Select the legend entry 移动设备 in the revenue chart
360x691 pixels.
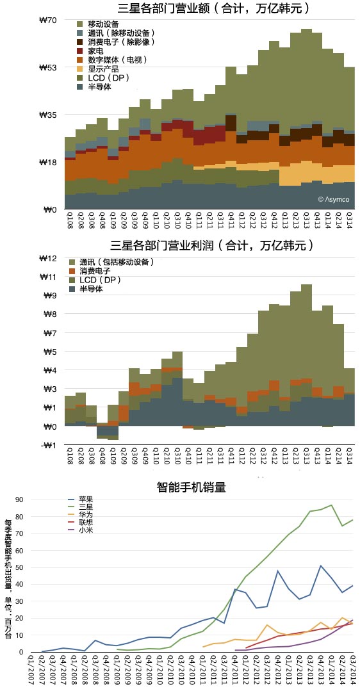(x=98, y=24)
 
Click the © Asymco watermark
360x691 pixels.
(x=334, y=199)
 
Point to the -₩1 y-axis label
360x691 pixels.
(x=50, y=444)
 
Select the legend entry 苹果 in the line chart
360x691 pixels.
(x=81, y=500)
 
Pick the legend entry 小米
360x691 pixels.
(x=81, y=530)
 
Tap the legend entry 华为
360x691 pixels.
(x=81, y=515)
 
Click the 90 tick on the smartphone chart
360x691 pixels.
(x=21, y=500)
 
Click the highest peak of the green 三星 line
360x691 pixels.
(x=331, y=505)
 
